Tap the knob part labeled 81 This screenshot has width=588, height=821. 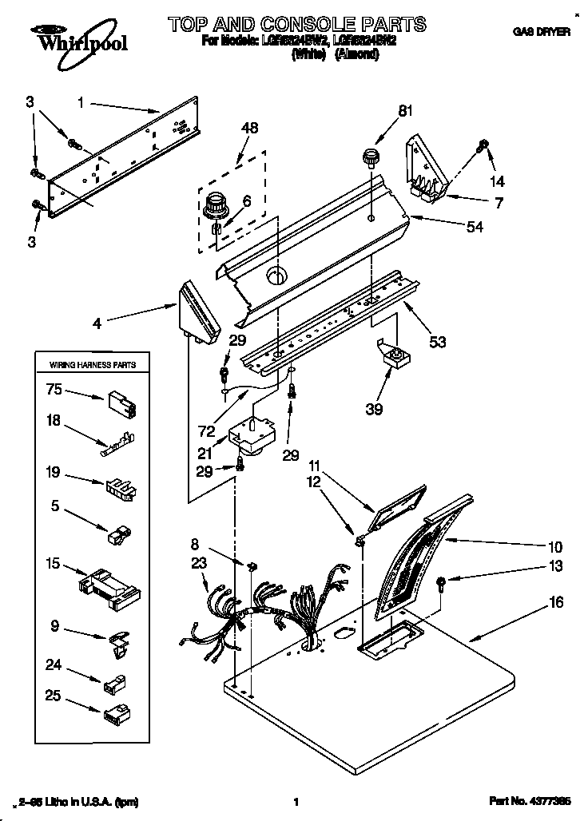pyautogui.click(x=369, y=156)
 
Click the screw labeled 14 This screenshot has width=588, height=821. pyautogui.click(x=483, y=147)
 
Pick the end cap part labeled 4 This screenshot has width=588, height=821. pyautogui.click(x=198, y=313)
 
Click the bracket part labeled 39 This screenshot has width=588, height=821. pyautogui.click(x=392, y=355)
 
